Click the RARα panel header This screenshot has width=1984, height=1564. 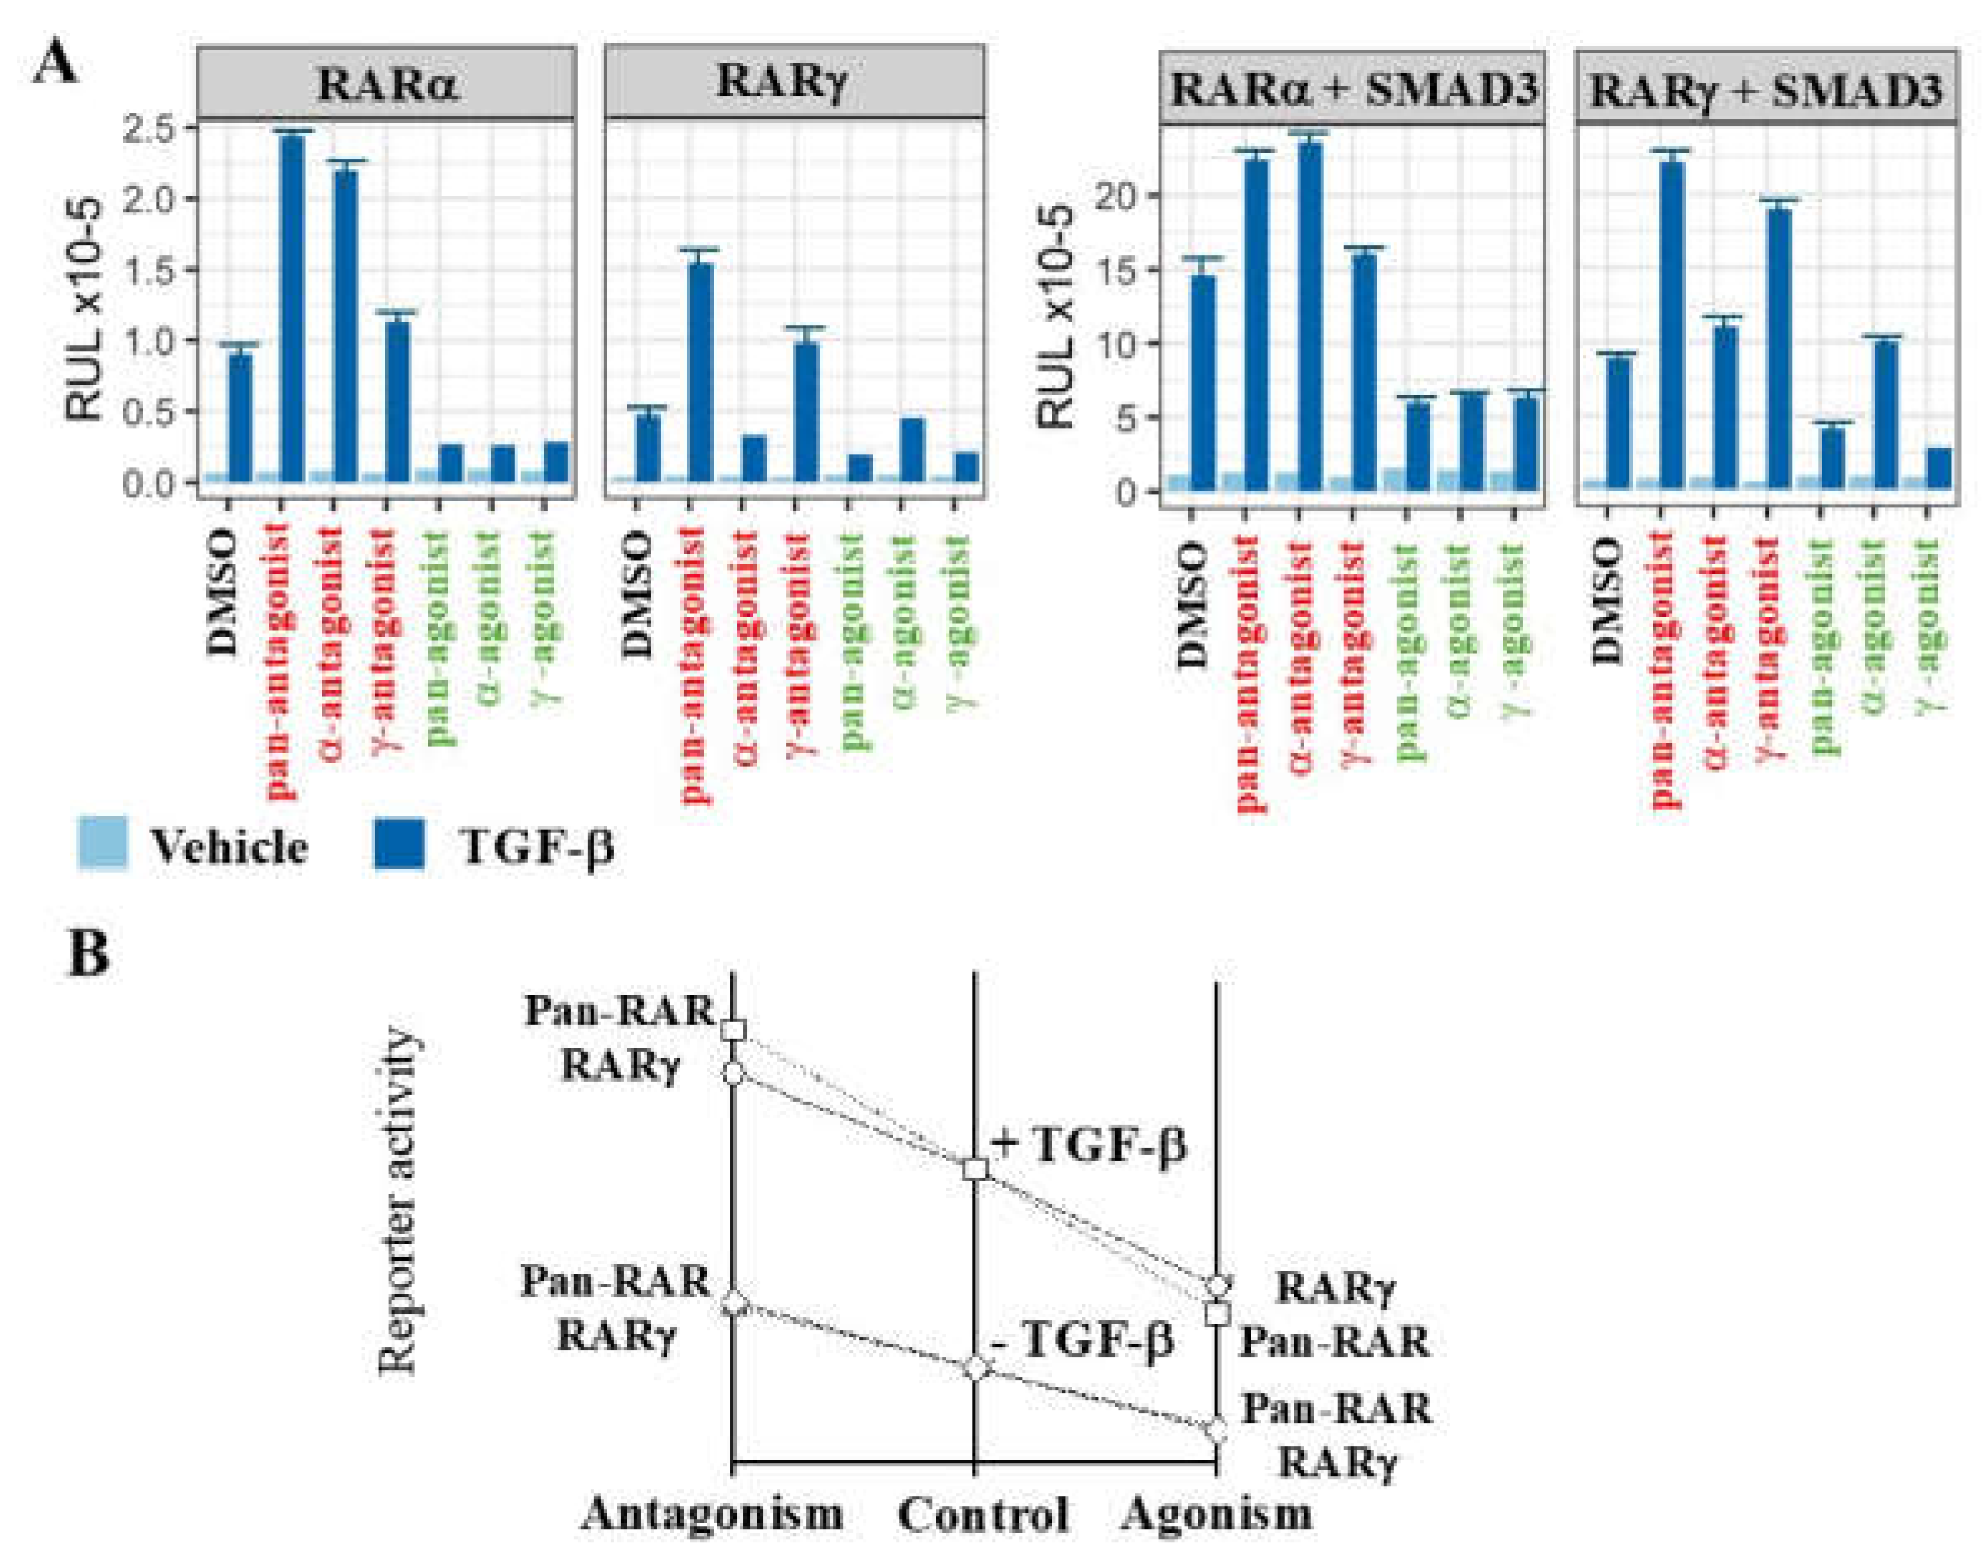point(386,84)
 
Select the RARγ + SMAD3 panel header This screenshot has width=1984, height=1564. point(1766,90)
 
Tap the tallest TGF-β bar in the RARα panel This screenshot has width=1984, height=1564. point(292,307)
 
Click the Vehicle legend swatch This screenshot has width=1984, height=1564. point(103,844)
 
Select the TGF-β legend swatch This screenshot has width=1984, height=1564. point(400,844)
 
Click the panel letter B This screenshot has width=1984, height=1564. point(89,953)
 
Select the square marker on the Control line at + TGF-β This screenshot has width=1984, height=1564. point(976,1169)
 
